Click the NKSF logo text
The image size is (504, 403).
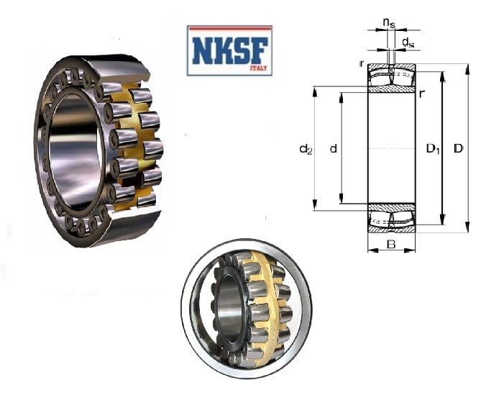[x=229, y=50]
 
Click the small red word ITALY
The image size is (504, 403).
[x=258, y=68]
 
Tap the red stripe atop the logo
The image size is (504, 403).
[x=229, y=29]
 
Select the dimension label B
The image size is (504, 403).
[x=391, y=245]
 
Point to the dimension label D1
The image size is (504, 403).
[x=433, y=149]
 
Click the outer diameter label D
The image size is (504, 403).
[x=459, y=148]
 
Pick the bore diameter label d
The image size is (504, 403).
[x=334, y=148]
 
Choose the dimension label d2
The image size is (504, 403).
[x=306, y=149]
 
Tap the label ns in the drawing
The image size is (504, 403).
[x=389, y=22]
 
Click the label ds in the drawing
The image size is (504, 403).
[x=408, y=42]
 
